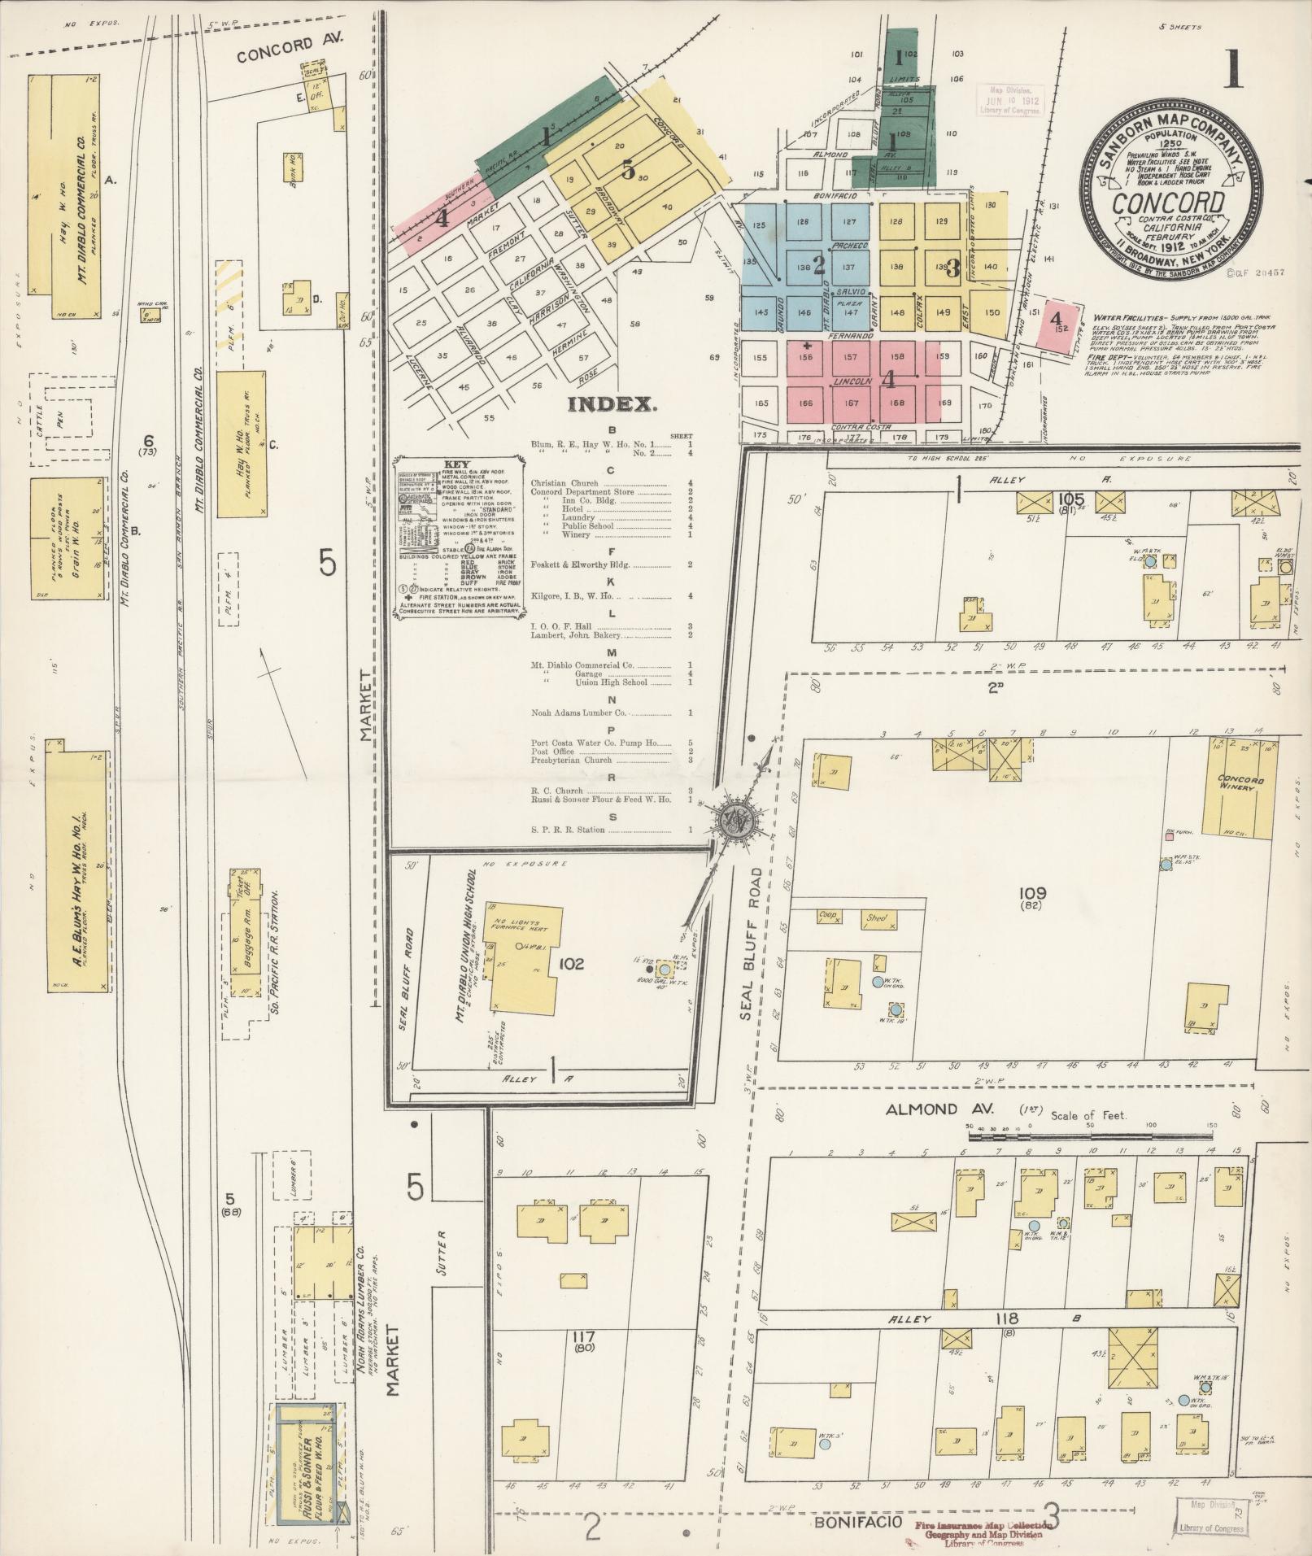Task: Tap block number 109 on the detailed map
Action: click(x=1035, y=894)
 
